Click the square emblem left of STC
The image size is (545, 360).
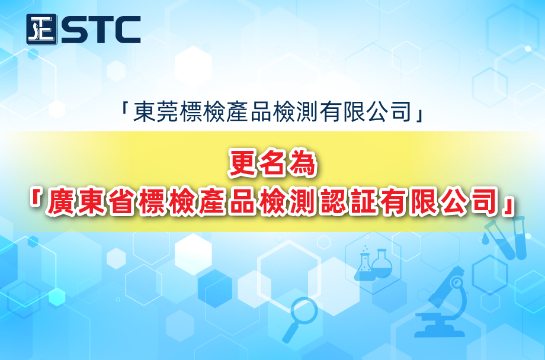coord(41,29)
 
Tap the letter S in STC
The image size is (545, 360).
coord(73,30)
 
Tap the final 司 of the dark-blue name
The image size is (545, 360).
coord(401,112)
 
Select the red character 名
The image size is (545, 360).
coord(272,163)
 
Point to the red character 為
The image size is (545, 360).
coord(302,163)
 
